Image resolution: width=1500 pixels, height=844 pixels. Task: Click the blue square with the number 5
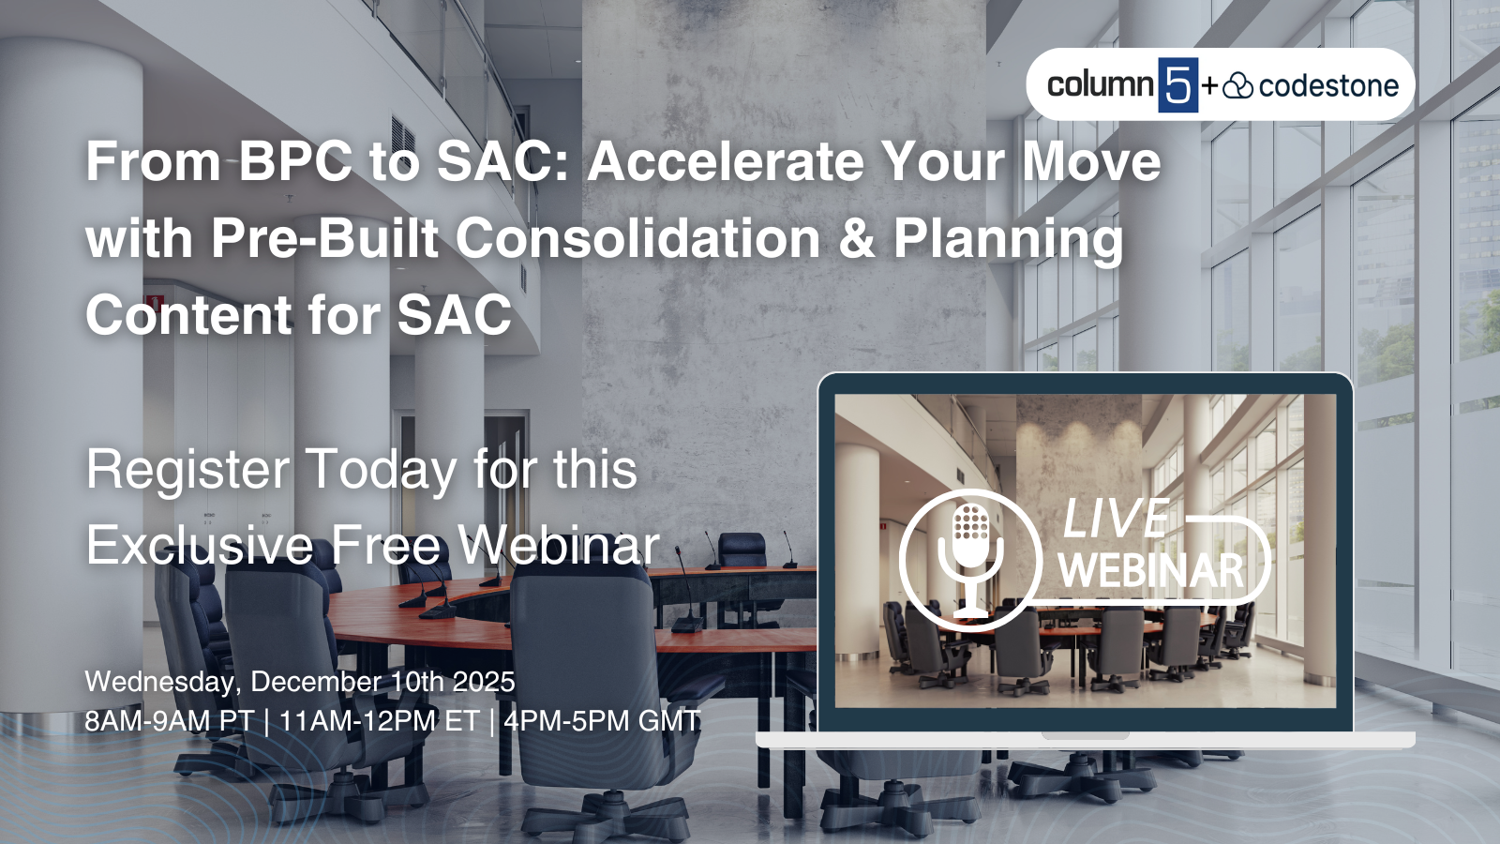click(x=1177, y=85)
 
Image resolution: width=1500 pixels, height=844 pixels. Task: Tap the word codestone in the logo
click(x=1328, y=86)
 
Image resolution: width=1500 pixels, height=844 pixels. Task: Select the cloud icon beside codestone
click(x=1238, y=86)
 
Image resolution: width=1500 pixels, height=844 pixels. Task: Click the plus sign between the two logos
click(x=1209, y=86)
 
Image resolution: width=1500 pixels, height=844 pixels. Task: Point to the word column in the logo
click(x=1100, y=85)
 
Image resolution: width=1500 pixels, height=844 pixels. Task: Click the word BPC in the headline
click(x=294, y=161)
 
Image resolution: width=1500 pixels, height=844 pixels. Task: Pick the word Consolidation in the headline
click(x=638, y=238)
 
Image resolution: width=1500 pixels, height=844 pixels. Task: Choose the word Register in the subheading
click(x=187, y=471)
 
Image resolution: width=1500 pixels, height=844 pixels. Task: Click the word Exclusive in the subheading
click(x=200, y=546)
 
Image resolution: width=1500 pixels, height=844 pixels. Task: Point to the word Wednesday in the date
click(x=159, y=682)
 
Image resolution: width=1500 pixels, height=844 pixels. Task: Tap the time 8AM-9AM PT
click(x=169, y=721)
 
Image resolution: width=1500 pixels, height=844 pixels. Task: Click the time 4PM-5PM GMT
click(x=602, y=721)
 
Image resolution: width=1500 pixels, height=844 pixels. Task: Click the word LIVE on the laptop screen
click(x=1116, y=520)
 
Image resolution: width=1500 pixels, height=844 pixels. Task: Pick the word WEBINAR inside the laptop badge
click(x=1151, y=570)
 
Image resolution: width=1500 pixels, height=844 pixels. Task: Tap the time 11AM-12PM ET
click(x=379, y=721)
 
